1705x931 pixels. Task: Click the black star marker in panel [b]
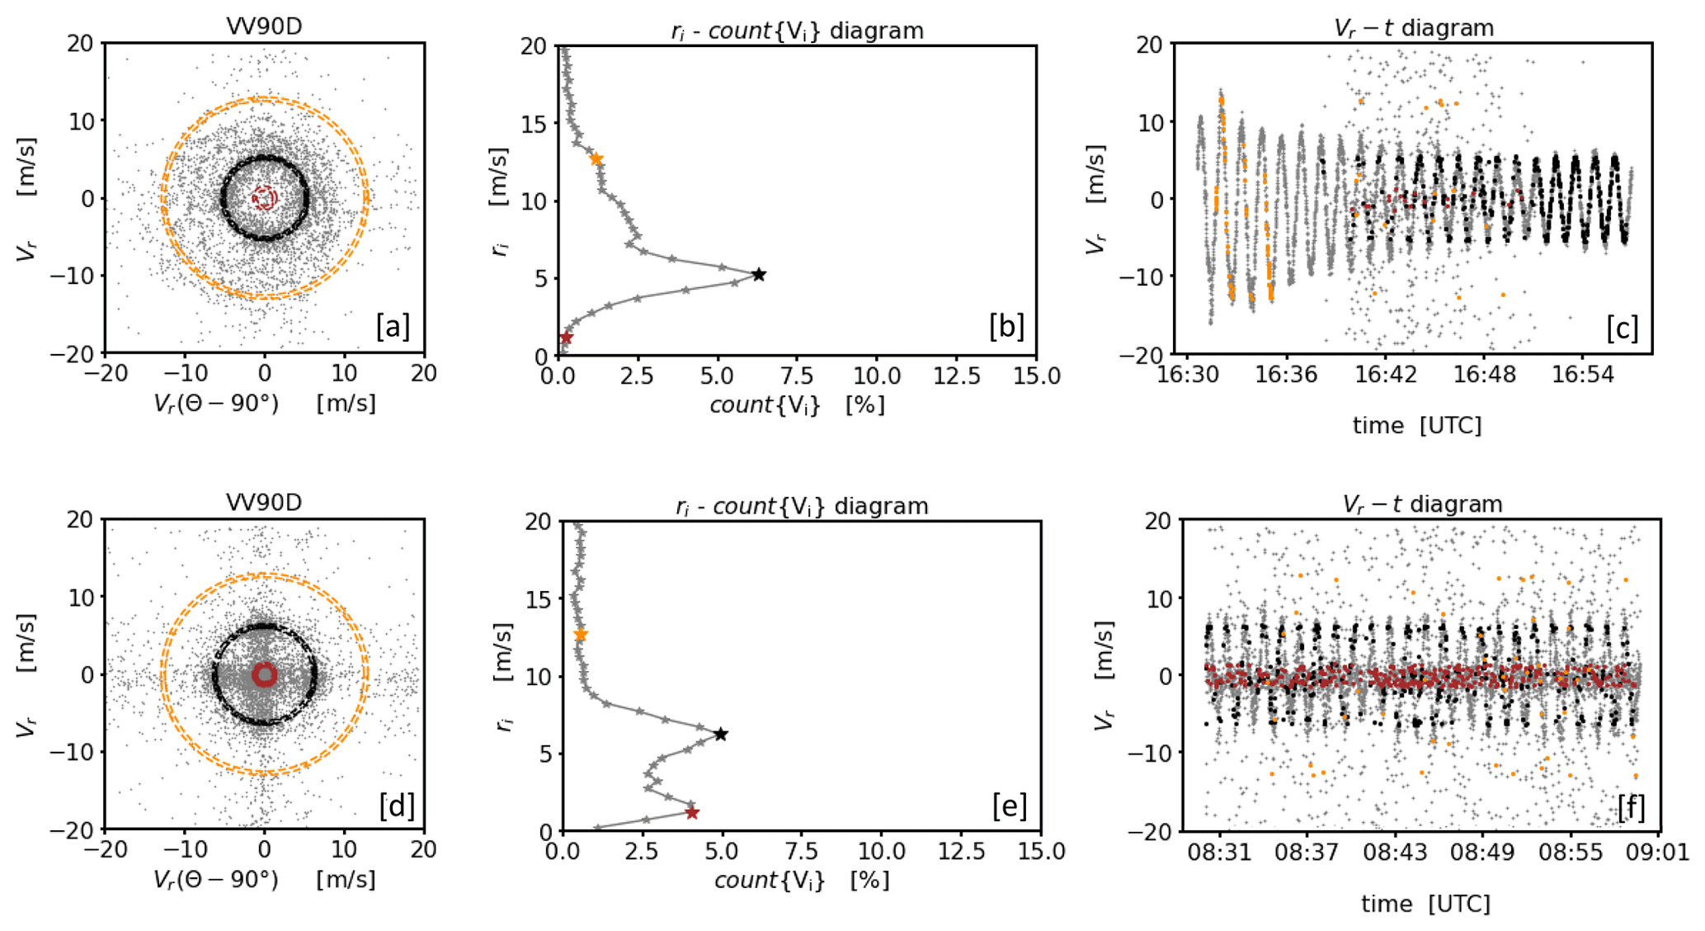(x=758, y=274)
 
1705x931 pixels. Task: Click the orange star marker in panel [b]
(x=596, y=158)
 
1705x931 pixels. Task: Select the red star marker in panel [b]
(x=566, y=338)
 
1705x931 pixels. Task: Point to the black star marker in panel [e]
(x=720, y=734)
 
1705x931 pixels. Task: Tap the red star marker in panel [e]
(x=692, y=813)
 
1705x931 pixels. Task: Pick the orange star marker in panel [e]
(x=581, y=634)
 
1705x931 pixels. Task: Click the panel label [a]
(x=393, y=327)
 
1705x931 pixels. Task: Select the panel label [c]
(x=1622, y=328)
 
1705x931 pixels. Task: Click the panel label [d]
(x=397, y=805)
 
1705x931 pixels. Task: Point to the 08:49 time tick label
(x=1483, y=851)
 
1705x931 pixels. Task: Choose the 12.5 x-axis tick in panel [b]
(x=956, y=376)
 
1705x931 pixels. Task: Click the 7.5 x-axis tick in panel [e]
(x=802, y=852)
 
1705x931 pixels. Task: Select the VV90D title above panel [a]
(x=264, y=26)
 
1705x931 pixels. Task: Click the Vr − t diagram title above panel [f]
(x=1422, y=503)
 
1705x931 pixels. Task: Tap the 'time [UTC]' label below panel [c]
(x=1416, y=425)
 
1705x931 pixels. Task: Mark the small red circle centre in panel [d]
(x=264, y=675)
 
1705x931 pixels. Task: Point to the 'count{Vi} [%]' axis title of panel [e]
(x=802, y=880)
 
